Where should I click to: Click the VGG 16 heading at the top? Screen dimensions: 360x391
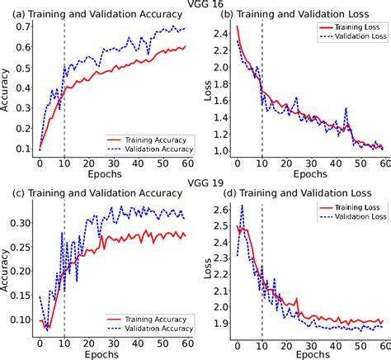coord(195,5)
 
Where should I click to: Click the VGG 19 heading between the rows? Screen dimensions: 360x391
coord(195,180)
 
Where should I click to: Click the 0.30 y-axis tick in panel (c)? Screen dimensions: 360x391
coord(18,223)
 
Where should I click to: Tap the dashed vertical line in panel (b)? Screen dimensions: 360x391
coord(261,99)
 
